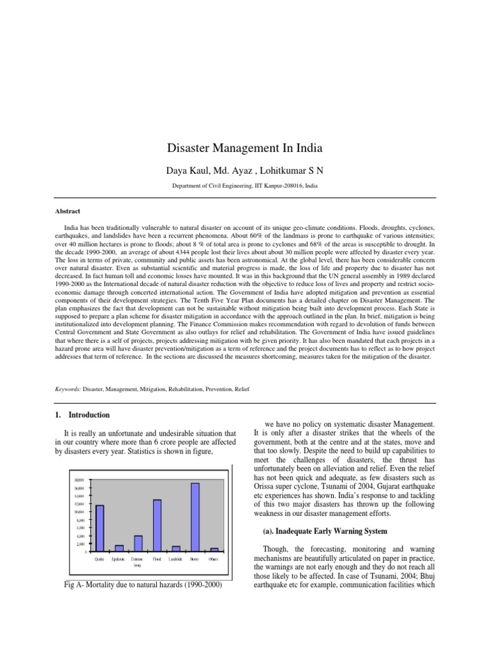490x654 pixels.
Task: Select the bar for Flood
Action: pyautogui.click(x=157, y=524)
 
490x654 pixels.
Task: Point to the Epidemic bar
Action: pyautogui.click(x=119, y=547)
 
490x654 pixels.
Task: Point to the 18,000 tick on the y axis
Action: pyautogui.click(x=80, y=480)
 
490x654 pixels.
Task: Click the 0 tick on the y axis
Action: pyautogui.click(x=86, y=551)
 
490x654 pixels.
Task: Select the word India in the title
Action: pyautogui.click(x=308, y=149)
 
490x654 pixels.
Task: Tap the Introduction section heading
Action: pyautogui.click(x=89, y=414)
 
